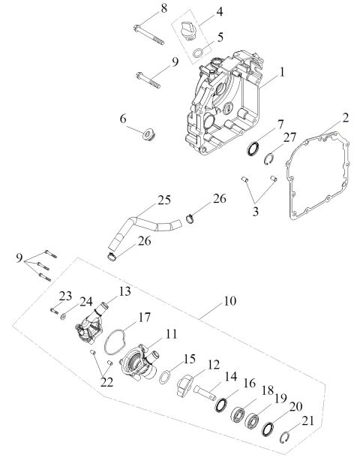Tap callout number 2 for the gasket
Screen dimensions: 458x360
(x=346, y=117)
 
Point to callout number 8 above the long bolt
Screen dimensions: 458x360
(x=164, y=8)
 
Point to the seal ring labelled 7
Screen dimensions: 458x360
(x=253, y=147)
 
